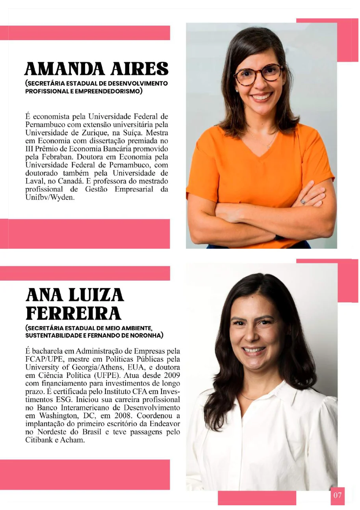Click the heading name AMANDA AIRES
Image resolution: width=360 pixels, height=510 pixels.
click(x=96, y=69)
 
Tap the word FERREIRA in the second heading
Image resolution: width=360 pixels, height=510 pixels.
click(x=73, y=314)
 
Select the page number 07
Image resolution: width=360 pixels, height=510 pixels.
click(x=338, y=495)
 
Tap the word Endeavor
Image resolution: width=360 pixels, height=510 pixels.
click(x=165, y=424)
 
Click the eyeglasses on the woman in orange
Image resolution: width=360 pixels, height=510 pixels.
click(x=258, y=74)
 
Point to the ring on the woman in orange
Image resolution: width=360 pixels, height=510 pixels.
click(x=303, y=201)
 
